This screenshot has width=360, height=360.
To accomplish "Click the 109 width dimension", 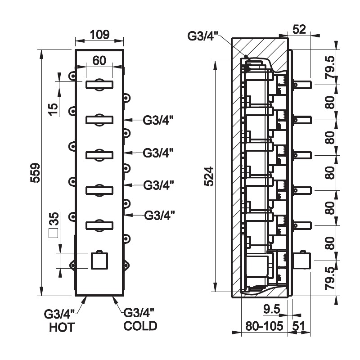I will [99, 34].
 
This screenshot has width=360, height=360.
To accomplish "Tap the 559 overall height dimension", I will [35, 173].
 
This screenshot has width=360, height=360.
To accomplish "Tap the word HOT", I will [62, 327].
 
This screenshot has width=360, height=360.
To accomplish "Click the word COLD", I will [140, 325].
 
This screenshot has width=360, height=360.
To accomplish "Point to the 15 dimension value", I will [52, 108].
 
